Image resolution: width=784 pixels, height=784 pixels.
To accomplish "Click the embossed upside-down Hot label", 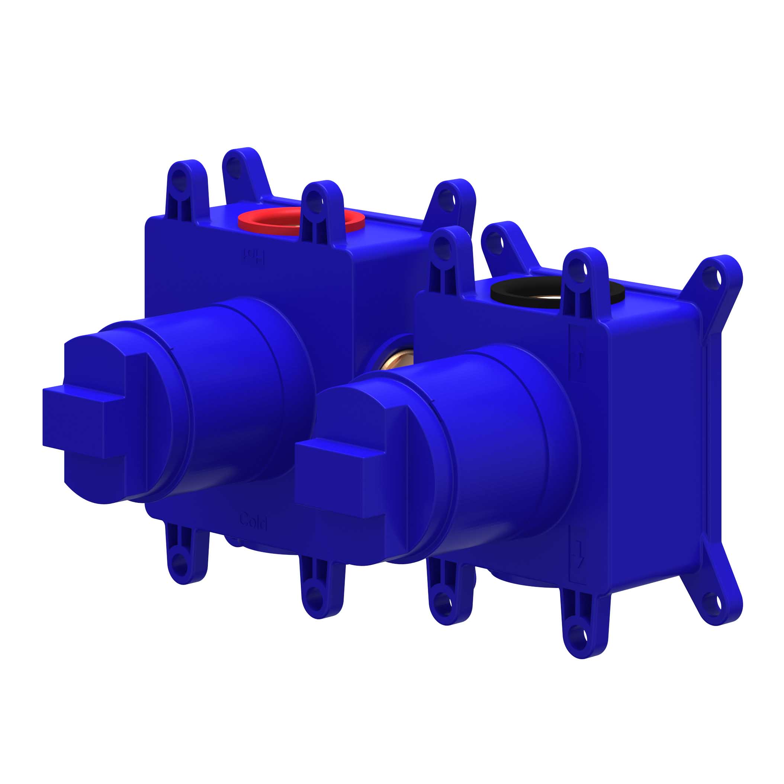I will (x=254, y=257).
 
